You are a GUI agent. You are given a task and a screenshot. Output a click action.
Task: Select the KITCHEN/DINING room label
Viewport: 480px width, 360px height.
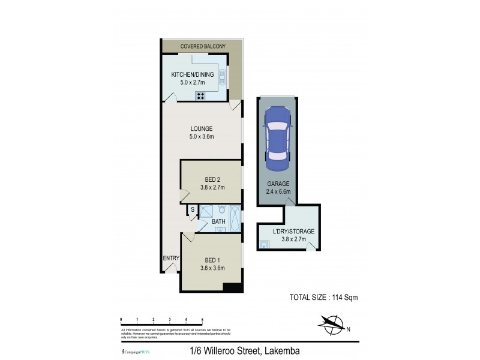click(188, 74)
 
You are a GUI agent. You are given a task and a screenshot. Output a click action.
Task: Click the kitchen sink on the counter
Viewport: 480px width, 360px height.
click(222, 77)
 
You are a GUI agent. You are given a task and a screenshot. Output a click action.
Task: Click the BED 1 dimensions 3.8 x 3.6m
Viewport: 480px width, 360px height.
click(212, 268)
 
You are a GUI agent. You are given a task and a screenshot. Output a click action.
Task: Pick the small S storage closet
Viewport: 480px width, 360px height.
click(192, 209)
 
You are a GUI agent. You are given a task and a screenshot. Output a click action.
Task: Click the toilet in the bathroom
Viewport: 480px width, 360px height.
click(222, 211)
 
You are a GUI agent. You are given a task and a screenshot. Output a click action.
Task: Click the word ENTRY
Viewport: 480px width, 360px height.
click(170, 259)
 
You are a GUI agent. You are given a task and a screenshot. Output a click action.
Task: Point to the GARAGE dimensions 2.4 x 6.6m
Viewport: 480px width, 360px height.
click(278, 192)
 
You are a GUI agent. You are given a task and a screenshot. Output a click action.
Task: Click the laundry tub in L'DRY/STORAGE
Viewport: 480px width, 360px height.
click(264, 245)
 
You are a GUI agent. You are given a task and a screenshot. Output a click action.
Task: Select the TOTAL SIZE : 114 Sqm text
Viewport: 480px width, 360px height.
click(324, 296)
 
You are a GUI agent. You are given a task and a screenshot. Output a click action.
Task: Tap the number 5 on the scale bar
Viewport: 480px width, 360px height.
click(203, 319)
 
